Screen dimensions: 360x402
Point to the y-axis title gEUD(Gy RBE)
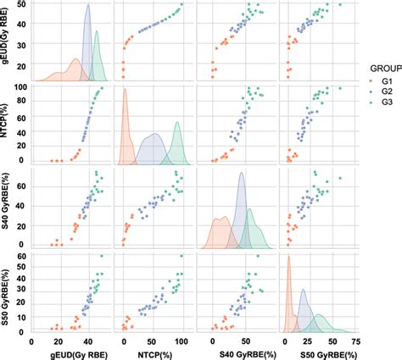[x=7, y=43]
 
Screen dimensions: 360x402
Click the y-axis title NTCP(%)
[x=7, y=125]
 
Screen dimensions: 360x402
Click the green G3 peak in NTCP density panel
[x=178, y=124]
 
